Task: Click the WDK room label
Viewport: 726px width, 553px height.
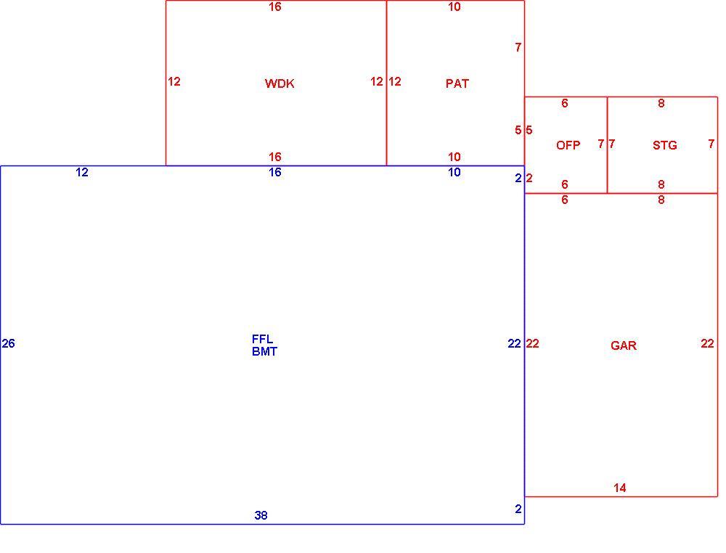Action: point(280,83)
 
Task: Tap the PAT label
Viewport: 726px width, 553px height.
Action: point(457,83)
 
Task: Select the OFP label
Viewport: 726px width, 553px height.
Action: point(568,145)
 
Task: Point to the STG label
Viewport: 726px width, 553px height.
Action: point(664,145)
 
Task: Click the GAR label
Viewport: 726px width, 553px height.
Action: point(623,345)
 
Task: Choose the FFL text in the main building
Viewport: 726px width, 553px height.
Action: point(262,339)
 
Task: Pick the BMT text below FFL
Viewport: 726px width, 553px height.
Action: point(264,352)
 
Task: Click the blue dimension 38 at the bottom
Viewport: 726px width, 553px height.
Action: point(261,515)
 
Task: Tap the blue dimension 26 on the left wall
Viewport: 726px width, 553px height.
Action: point(8,343)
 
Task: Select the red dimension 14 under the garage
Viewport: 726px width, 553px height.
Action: point(619,488)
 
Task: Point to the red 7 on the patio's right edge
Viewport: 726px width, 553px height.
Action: point(518,47)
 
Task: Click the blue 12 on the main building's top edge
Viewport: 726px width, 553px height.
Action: point(81,172)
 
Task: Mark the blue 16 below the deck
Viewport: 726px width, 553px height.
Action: point(274,172)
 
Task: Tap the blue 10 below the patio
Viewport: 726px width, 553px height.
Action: point(454,172)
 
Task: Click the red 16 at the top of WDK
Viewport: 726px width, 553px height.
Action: point(274,7)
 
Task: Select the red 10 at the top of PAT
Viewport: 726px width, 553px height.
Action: point(454,7)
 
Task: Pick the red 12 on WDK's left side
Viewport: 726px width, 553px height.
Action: point(174,81)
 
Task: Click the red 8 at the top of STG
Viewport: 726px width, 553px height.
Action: point(661,103)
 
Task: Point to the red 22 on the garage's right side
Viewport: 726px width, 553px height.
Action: point(707,343)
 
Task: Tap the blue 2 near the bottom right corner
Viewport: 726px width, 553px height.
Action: point(518,509)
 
